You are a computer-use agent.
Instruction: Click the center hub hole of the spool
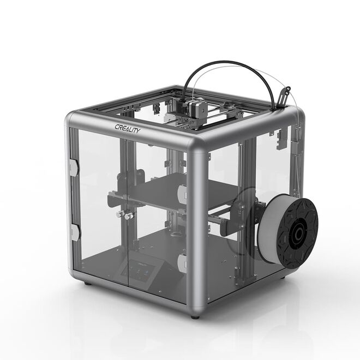click(x=298, y=236)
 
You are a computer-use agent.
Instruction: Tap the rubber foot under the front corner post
click(x=195, y=315)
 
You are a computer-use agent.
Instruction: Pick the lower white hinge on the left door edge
click(x=75, y=233)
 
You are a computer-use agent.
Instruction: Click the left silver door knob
click(x=119, y=215)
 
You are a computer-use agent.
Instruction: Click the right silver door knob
click(x=129, y=217)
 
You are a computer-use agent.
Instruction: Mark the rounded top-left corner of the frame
click(x=71, y=119)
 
